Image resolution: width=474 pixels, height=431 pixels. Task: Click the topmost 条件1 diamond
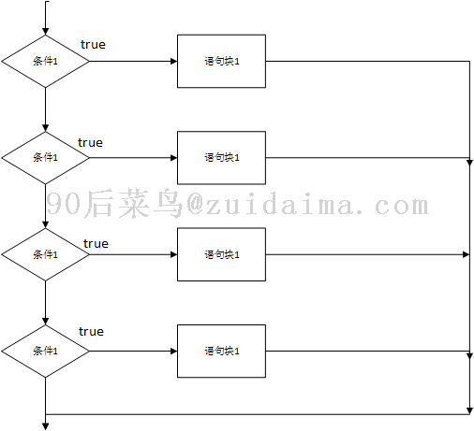point(45,61)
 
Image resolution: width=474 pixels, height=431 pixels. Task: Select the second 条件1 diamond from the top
point(45,158)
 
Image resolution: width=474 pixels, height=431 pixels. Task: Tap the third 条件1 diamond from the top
point(45,254)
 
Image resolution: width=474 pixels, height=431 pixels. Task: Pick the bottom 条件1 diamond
point(45,352)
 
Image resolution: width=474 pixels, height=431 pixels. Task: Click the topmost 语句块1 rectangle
point(221,61)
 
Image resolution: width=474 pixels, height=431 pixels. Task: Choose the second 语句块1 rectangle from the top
point(221,158)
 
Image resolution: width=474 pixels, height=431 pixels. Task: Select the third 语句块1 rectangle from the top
point(221,254)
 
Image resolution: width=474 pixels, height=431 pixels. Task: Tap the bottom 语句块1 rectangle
point(221,352)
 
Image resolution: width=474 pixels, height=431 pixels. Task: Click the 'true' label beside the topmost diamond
point(93,45)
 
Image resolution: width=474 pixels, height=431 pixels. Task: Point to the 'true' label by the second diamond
point(90,143)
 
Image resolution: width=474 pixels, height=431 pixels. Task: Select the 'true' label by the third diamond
point(96,244)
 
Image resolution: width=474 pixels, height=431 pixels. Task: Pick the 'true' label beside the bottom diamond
point(91,332)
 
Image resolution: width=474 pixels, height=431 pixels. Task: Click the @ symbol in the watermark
point(195,205)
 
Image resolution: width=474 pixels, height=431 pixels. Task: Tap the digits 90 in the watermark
point(64,204)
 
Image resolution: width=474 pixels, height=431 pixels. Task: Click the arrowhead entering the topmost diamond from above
point(45,31)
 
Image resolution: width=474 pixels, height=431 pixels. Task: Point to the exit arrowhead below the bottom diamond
point(45,426)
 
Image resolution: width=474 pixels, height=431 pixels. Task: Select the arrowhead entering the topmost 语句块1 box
point(173,61)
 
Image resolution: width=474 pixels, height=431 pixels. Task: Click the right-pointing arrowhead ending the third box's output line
point(466,254)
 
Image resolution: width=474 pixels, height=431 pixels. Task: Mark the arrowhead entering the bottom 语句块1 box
point(173,352)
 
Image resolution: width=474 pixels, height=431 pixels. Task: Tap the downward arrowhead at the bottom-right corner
point(469,410)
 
